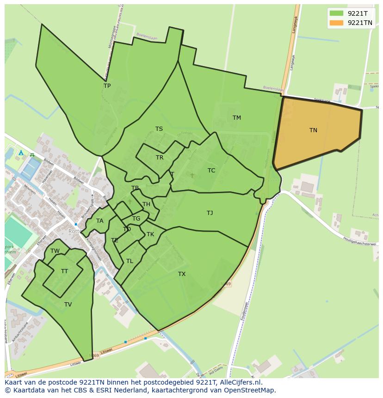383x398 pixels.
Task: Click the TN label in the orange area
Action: click(313, 130)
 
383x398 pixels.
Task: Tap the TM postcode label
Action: click(236, 118)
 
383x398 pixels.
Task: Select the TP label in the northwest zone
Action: click(107, 86)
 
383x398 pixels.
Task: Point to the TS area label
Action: click(159, 129)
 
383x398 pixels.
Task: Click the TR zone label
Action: click(160, 158)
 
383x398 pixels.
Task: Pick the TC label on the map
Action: click(211, 171)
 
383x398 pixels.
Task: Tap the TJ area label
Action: click(210, 213)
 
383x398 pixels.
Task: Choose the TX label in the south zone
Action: click(182, 274)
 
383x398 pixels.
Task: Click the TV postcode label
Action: click(68, 305)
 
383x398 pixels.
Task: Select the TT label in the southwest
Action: click(64, 271)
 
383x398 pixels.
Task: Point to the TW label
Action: click(55, 251)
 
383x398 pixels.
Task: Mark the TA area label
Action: click(100, 221)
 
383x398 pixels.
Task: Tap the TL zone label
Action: click(130, 261)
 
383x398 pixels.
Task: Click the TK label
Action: click(150, 234)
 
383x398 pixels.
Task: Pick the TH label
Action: click(146, 204)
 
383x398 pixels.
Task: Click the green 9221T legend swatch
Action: click(336, 13)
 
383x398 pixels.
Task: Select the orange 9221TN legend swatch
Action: click(336, 23)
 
